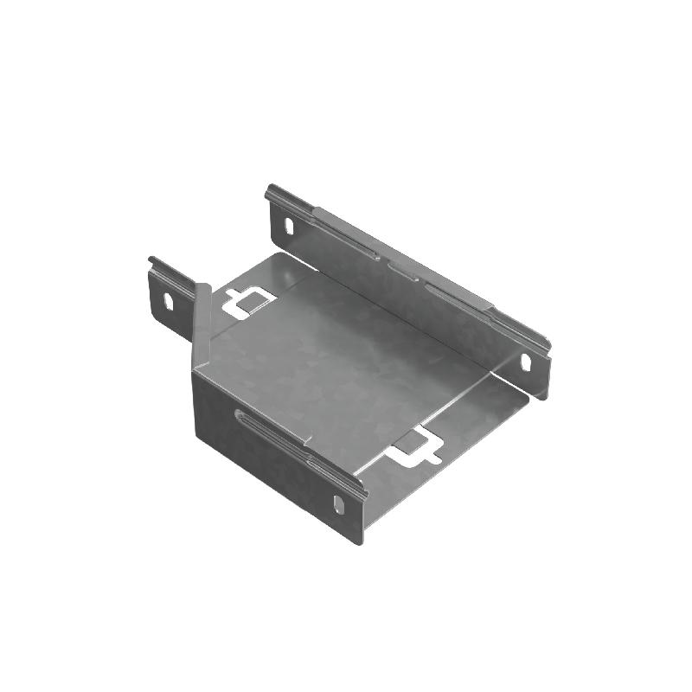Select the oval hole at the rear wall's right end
point(525,361)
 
